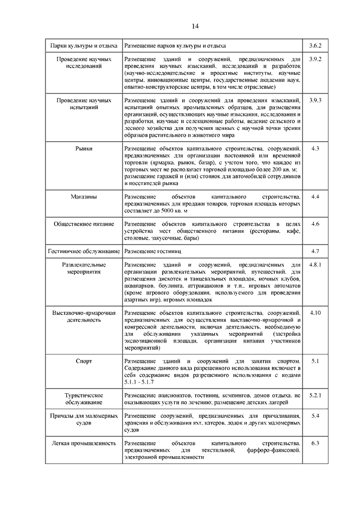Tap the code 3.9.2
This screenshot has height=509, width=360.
[315, 60]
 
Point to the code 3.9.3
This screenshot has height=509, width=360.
[315, 100]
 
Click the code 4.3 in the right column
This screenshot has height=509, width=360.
[315, 148]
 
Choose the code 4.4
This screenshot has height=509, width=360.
[315, 197]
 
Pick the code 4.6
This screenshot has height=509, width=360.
[315, 224]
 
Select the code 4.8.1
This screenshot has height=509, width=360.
[315, 264]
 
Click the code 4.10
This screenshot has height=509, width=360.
[315, 313]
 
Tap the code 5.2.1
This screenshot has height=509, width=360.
[315, 397]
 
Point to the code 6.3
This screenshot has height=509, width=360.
[315, 443]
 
